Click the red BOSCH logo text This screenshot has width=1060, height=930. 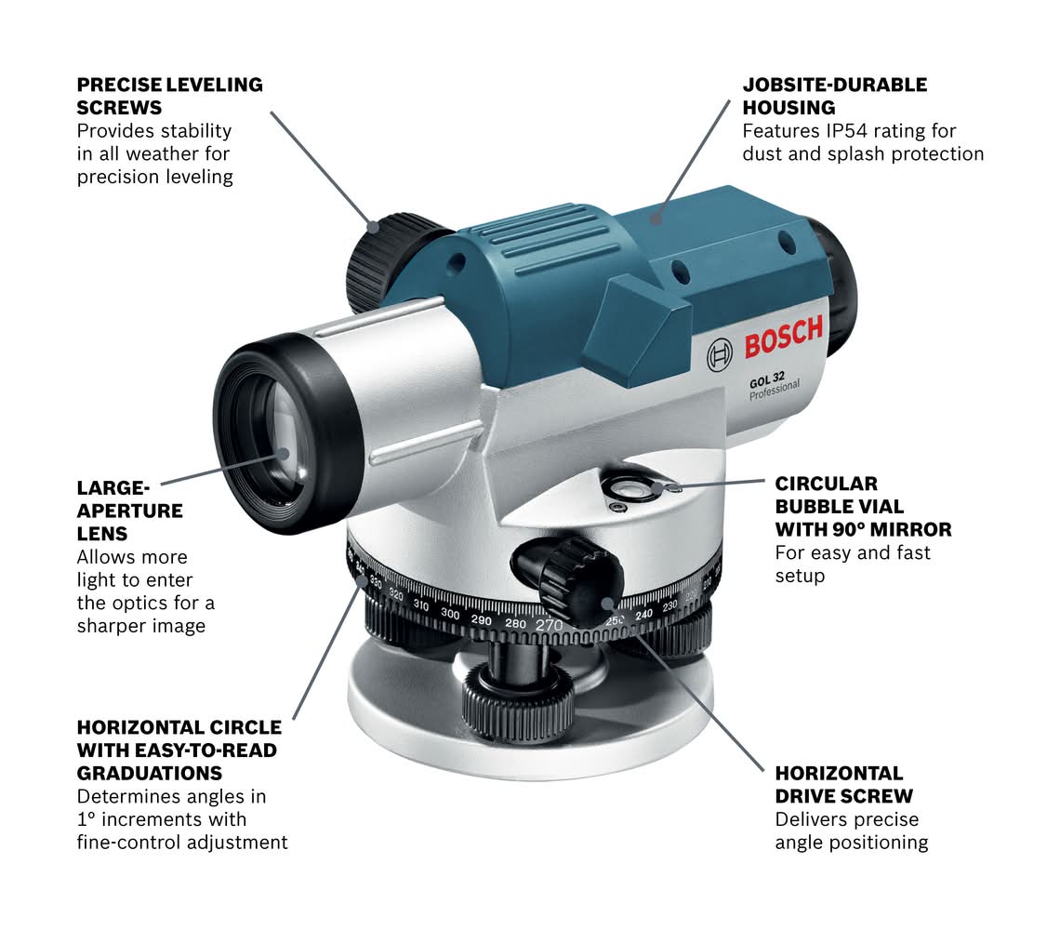(784, 336)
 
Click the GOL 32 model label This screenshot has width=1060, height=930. (766, 380)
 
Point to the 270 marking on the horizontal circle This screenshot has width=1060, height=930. (549, 625)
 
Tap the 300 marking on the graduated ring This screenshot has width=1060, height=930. (450, 614)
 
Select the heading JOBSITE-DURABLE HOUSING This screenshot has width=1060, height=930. (835, 96)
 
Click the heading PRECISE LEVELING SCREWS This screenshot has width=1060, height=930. (169, 96)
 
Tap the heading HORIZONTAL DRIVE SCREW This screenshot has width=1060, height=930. (843, 785)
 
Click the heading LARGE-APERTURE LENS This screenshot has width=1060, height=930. (130, 511)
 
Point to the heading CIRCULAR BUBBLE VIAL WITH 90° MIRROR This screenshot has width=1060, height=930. (863, 507)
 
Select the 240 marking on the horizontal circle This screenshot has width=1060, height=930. (643, 614)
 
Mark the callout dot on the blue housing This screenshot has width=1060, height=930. (655, 218)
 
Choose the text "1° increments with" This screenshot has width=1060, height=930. (162, 819)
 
